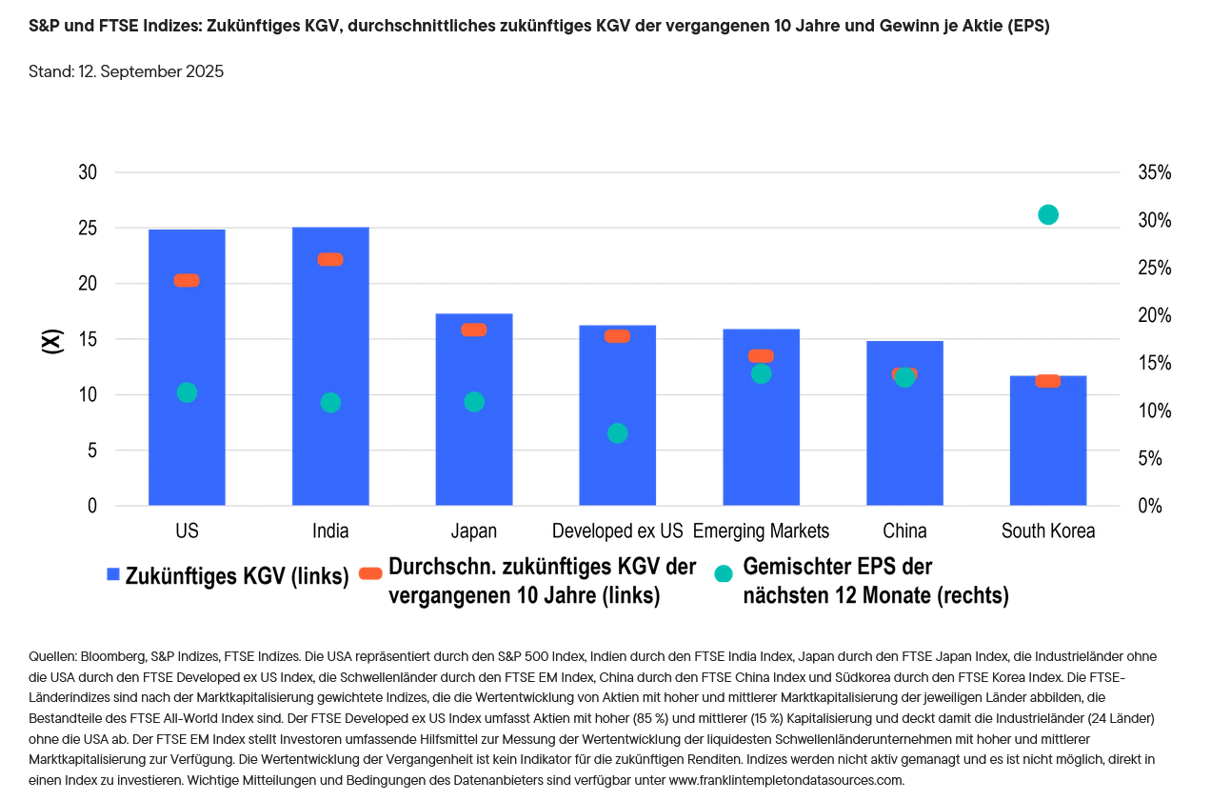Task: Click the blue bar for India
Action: (x=330, y=381)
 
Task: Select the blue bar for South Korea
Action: (x=1047, y=448)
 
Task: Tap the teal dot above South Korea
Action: (x=1047, y=214)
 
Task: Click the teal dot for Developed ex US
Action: (x=617, y=433)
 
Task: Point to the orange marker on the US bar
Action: (x=187, y=280)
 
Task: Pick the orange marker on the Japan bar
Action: (x=474, y=330)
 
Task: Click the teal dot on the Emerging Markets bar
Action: (x=761, y=373)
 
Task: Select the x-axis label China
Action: (x=904, y=531)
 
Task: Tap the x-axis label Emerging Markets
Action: (x=761, y=531)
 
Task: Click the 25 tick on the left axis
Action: (x=88, y=229)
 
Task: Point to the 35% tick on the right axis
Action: (x=1155, y=173)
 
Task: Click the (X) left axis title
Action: (x=52, y=340)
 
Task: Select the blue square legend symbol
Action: (x=113, y=574)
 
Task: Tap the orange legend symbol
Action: (x=371, y=573)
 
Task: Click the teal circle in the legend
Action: (x=724, y=573)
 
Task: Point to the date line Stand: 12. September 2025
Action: (x=127, y=72)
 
